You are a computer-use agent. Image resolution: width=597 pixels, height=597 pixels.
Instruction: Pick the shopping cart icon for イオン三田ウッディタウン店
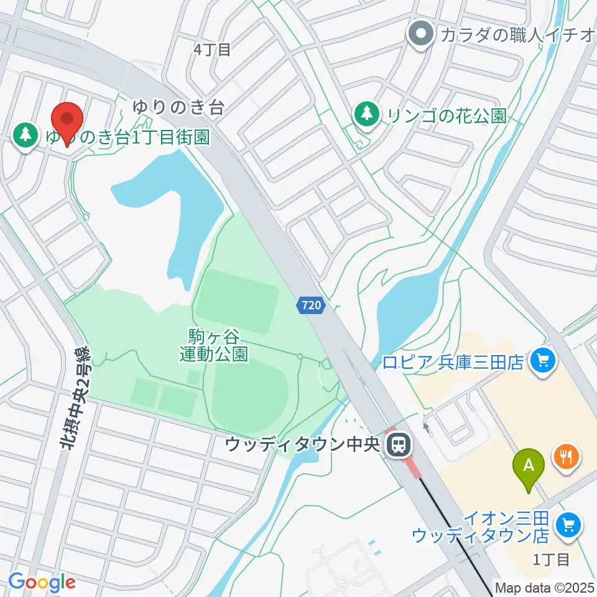(x=568, y=525)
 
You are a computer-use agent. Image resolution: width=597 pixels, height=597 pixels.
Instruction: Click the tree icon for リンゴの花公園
(x=367, y=114)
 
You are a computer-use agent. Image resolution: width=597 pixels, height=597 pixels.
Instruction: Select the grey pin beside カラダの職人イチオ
(x=421, y=34)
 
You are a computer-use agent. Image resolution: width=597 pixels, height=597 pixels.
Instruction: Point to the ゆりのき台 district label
(x=178, y=107)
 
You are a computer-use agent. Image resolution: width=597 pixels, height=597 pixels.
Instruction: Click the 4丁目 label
(x=212, y=50)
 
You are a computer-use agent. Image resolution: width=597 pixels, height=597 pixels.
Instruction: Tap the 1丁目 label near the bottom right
(x=551, y=559)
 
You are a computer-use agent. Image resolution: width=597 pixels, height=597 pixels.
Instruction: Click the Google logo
(x=42, y=583)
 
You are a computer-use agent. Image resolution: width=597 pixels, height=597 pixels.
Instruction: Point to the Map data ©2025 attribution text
(x=545, y=587)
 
